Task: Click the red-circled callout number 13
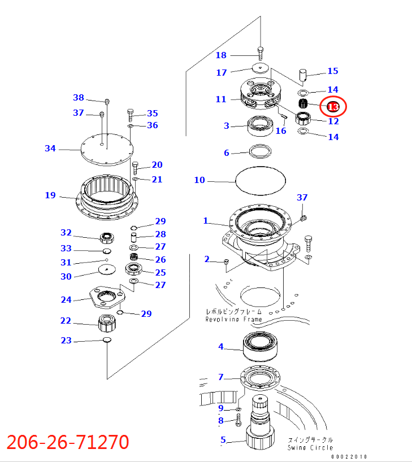click(333, 106)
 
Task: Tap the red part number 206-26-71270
click(68, 442)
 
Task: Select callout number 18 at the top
click(221, 55)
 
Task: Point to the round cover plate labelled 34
click(107, 149)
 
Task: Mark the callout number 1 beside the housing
click(206, 221)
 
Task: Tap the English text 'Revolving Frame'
click(233, 320)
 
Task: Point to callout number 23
click(66, 340)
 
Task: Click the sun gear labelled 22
click(107, 324)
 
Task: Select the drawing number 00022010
click(349, 456)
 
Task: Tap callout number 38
click(78, 97)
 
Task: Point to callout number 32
click(66, 233)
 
